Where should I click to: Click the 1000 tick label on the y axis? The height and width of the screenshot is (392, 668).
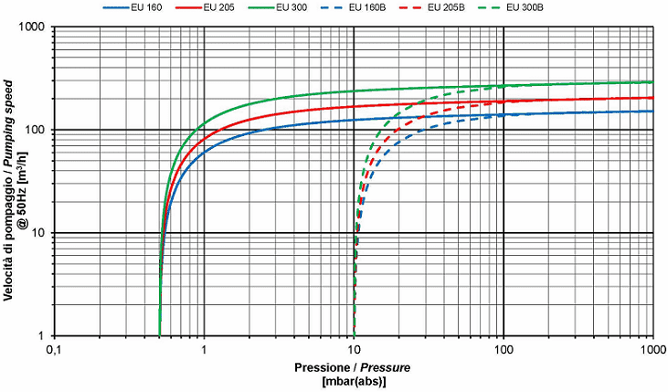(x=34, y=27)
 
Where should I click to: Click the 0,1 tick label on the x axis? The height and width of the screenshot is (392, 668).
(x=54, y=351)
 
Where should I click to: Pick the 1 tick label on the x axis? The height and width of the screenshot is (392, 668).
(x=204, y=351)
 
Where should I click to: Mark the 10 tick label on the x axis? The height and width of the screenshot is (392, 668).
(x=354, y=351)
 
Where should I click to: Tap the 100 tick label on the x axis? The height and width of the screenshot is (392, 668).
(x=504, y=351)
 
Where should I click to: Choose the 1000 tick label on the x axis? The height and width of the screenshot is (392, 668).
(x=651, y=351)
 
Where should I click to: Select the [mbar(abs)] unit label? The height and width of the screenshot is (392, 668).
(x=353, y=382)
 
